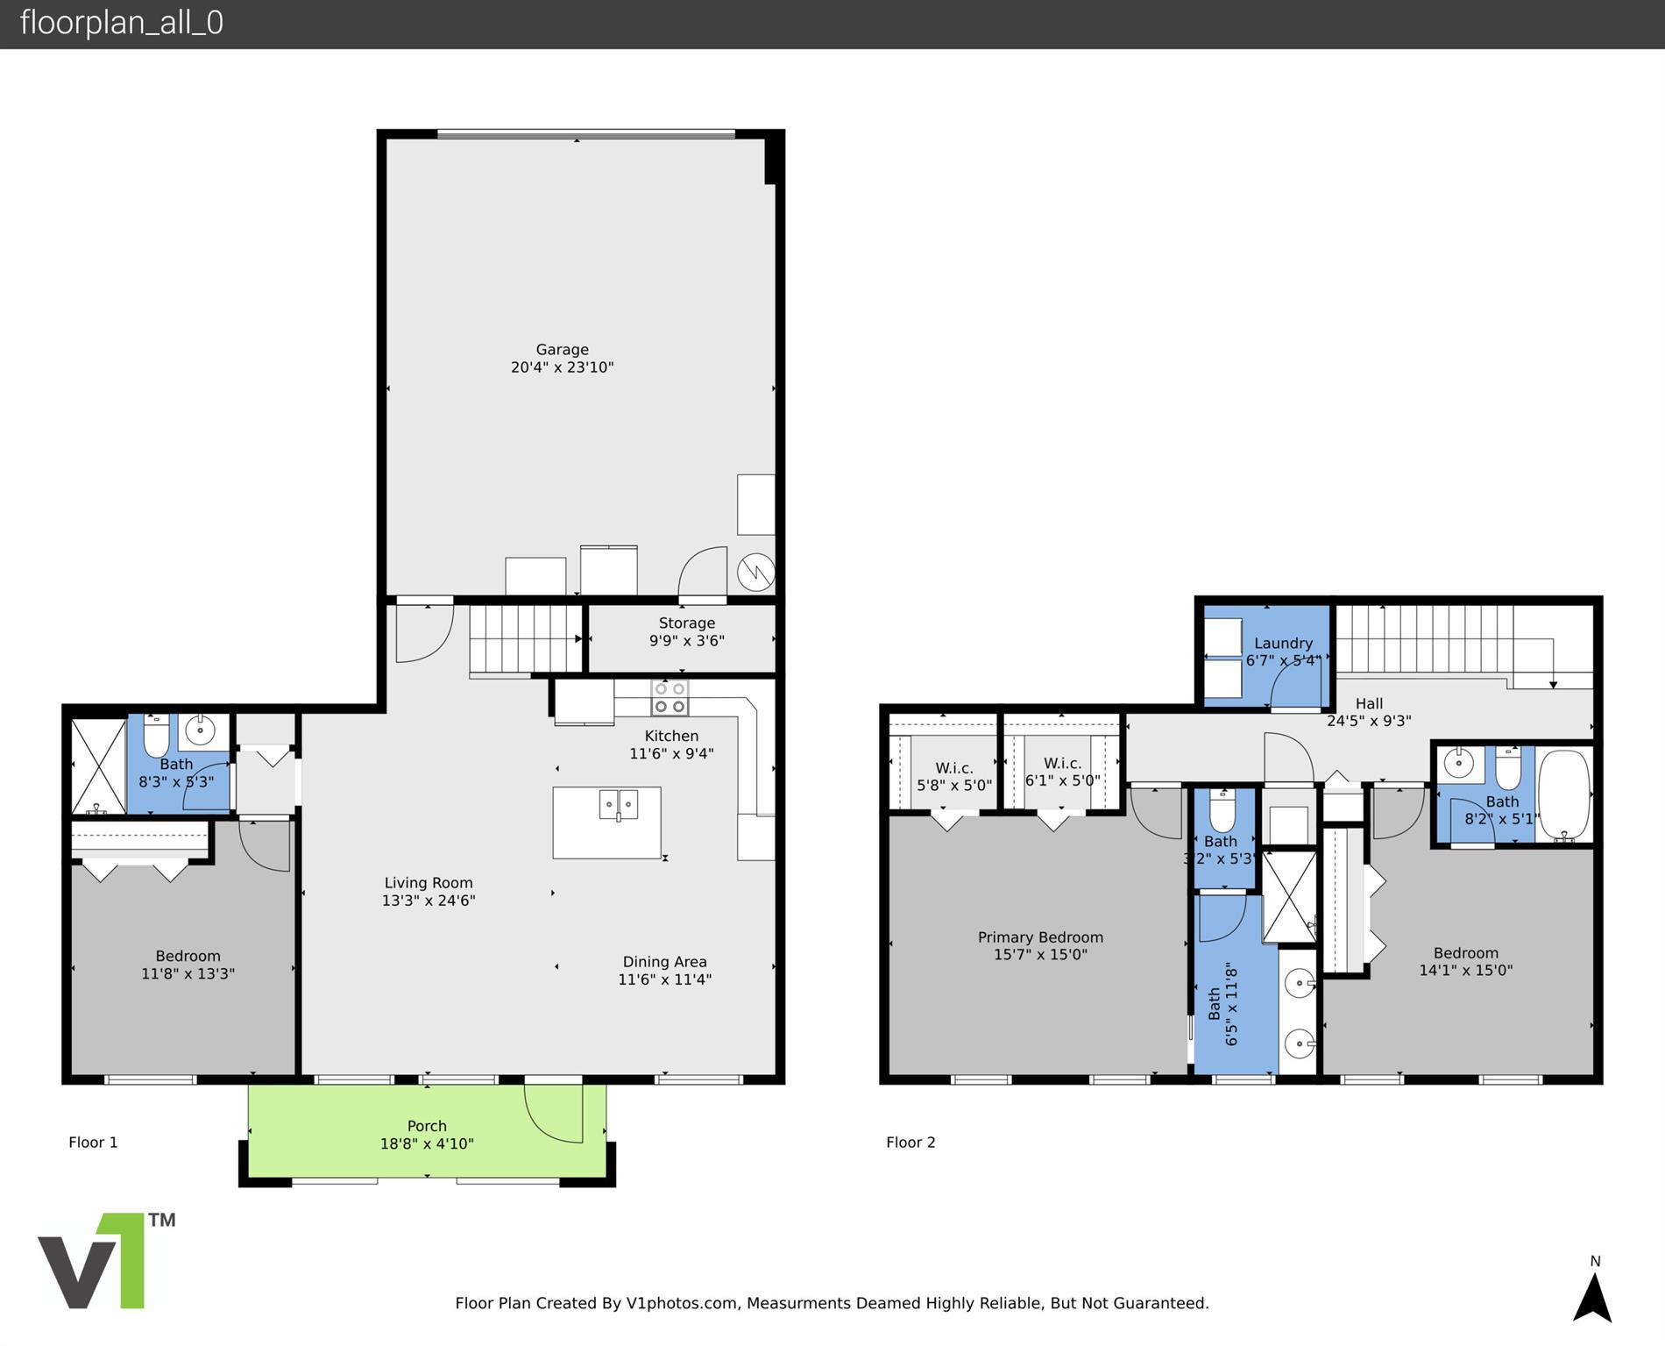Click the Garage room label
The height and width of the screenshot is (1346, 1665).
point(563,349)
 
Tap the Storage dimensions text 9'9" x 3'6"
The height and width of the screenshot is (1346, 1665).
point(687,641)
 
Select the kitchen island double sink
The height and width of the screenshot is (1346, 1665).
point(619,804)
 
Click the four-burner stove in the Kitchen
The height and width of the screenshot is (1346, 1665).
point(670,698)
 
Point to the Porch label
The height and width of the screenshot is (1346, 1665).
point(427,1126)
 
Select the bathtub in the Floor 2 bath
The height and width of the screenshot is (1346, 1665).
point(1564,794)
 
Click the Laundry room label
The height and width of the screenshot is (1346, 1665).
point(1283,643)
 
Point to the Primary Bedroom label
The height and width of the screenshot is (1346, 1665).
point(1040,937)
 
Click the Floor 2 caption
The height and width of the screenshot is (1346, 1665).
point(910,1142)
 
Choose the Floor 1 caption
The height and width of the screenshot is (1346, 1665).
point(93,1142)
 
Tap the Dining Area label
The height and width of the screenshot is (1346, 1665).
point(664,962)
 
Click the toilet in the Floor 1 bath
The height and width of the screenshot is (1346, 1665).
point(156,736)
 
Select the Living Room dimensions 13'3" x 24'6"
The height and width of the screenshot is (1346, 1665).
point(429,901)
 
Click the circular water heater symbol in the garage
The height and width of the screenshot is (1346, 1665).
point(755,573)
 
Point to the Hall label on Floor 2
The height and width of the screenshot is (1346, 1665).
point(1369,703)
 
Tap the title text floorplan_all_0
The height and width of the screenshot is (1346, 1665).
point(122,23)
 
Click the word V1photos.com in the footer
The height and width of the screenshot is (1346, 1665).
point(682,1303)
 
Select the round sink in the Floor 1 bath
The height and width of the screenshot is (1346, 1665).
point(201,730)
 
